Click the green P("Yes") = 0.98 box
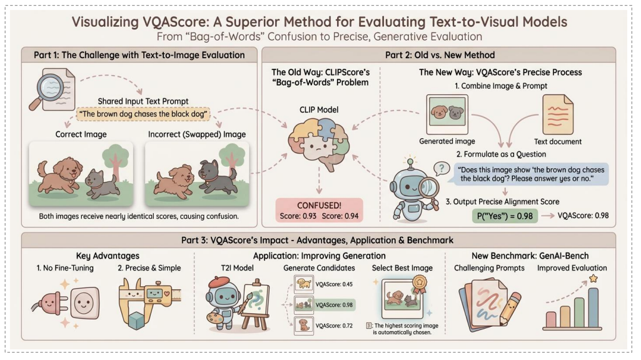click(505, 216)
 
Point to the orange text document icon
click(558, 115)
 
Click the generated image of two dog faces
click(447, 114)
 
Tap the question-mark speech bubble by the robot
click(441, 168)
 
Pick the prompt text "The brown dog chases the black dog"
click(143, 114)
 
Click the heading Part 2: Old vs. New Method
click(440, 55)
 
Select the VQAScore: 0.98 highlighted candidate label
click(334, 305)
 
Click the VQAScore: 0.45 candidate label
click(334, 284)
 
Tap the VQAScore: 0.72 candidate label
click(334, 326)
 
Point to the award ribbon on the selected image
click(420, 284)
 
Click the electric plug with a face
click(48, 304)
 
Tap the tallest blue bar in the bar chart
click(593, 307)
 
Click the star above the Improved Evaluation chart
click(593, 279)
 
